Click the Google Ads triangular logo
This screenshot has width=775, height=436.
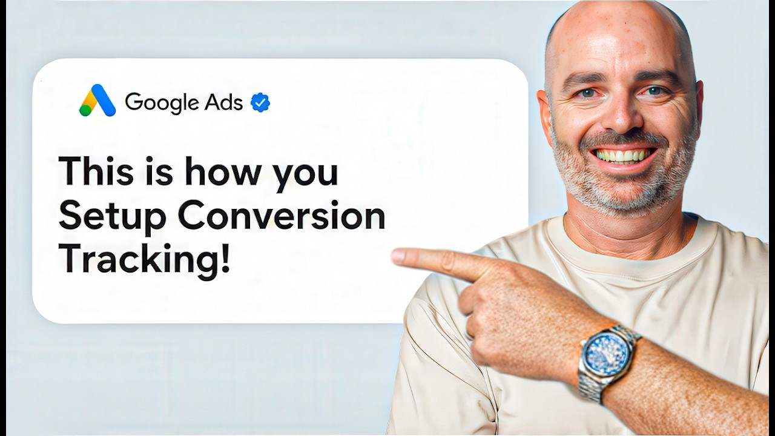(x=97, y=101)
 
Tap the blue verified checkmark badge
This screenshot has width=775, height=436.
(x=260, y=103)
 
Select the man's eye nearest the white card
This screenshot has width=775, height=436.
(x=585, y=93)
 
